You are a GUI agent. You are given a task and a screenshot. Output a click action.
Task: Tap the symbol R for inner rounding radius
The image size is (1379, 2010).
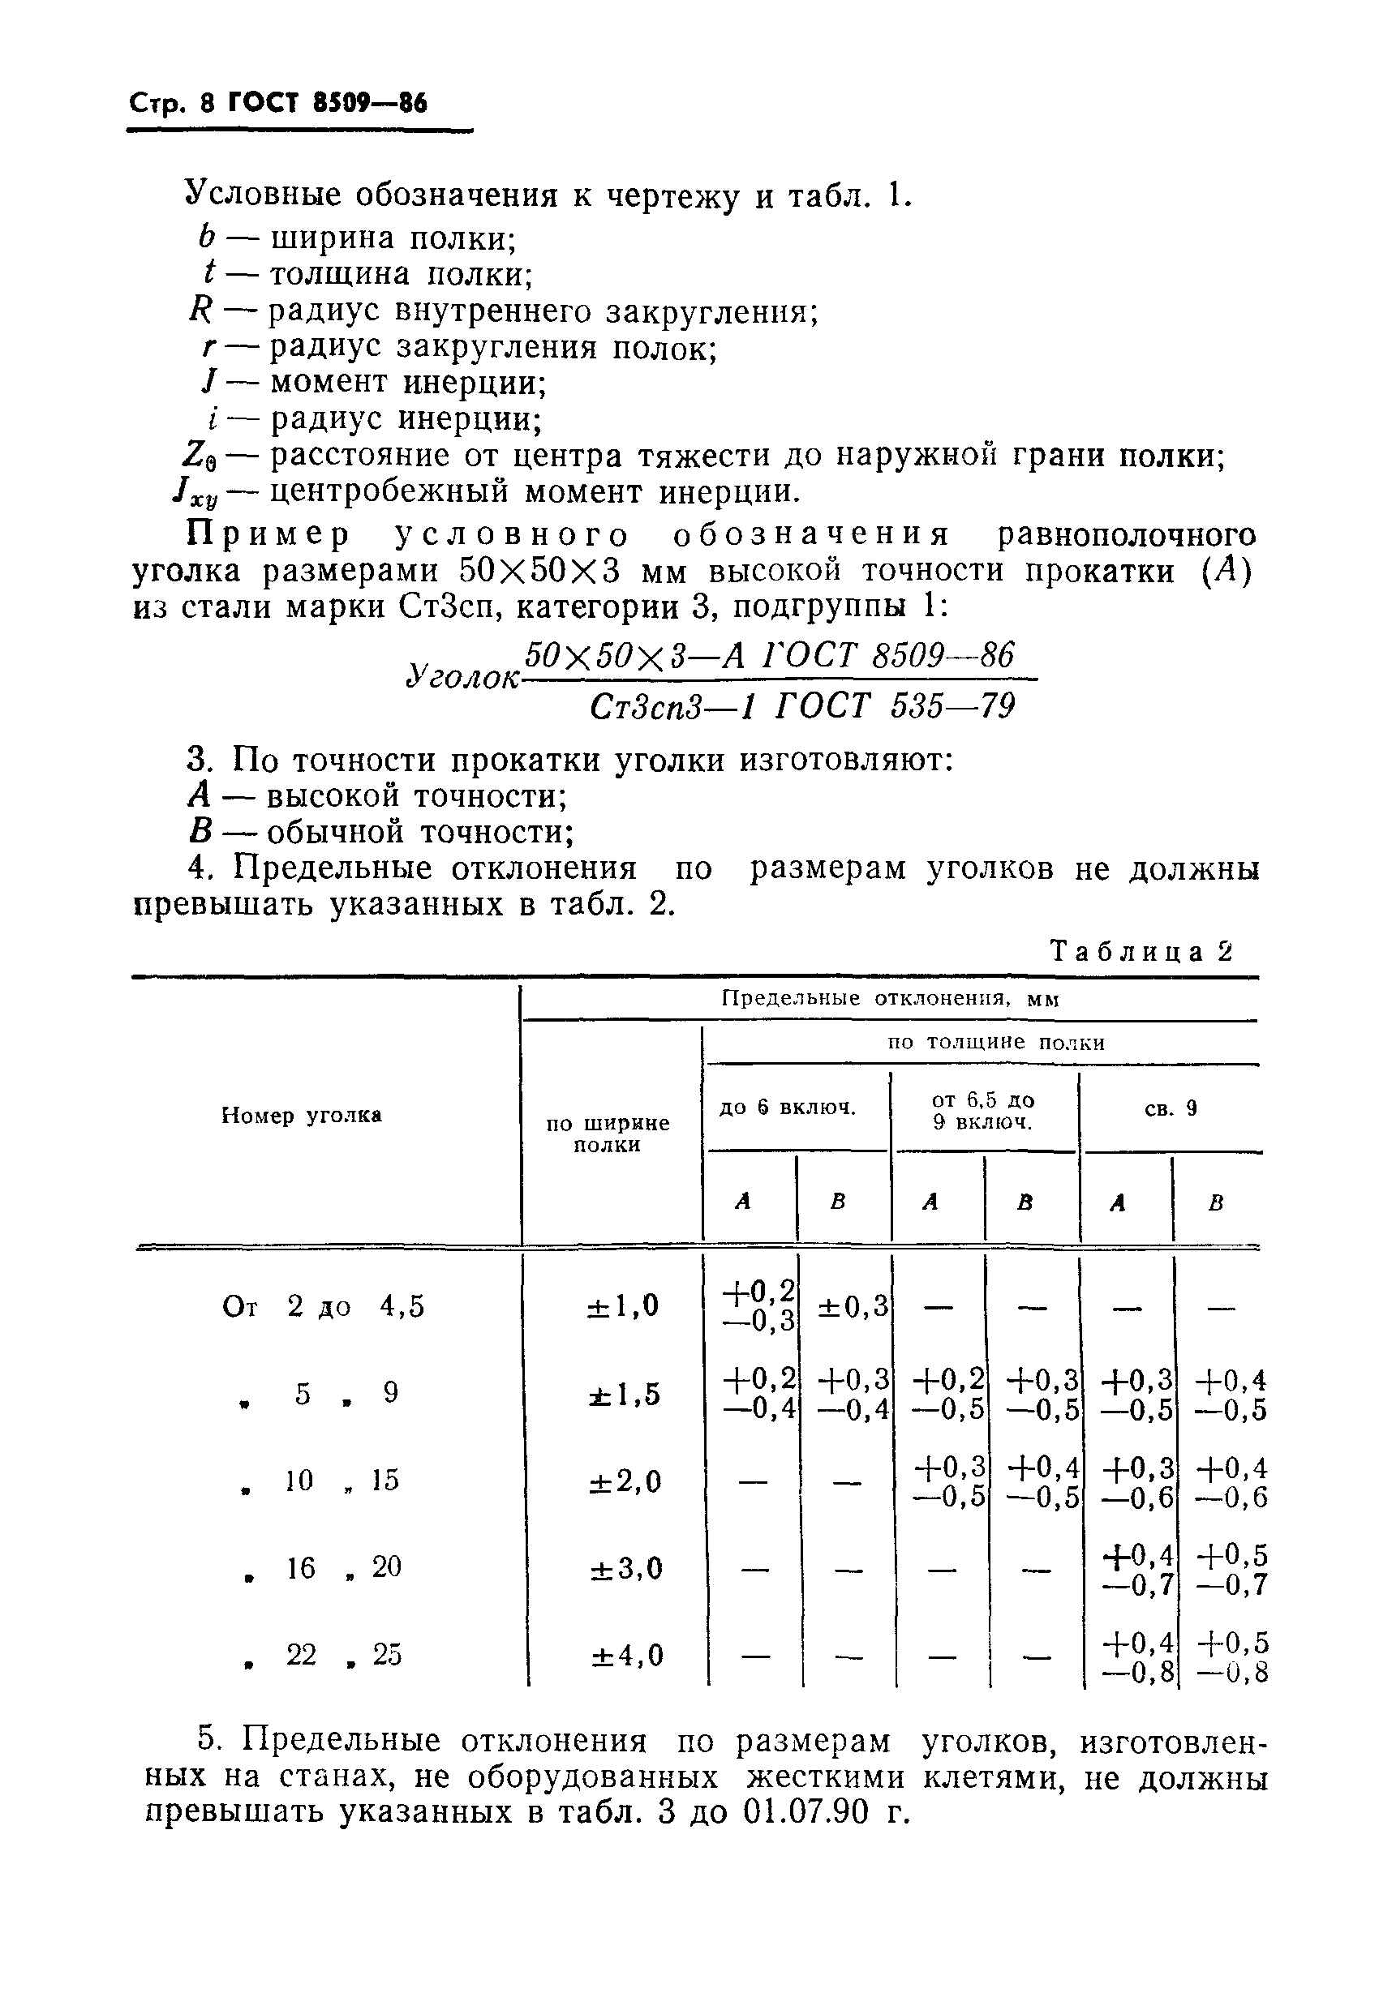[x=200, y=310]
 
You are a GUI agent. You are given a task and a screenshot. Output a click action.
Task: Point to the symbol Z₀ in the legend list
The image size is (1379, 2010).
[x=198, y=454]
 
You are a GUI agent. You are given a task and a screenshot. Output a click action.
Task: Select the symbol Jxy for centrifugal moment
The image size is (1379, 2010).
[x=195, y=493]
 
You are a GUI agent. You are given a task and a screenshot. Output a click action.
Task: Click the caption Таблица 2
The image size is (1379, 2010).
[x=1141, y=951]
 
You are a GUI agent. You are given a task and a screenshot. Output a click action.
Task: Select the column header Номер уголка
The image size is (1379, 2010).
[x=302, y=1116]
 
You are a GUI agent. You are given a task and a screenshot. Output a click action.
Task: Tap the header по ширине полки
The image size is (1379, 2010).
[x=608, y=1134]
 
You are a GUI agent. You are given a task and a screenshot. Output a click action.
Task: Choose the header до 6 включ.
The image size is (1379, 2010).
[x=788, y=1108]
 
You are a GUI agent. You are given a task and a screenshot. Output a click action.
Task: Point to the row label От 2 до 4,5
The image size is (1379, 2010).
[x=324, y=1306]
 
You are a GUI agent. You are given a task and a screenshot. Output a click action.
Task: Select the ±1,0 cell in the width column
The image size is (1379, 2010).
[x=623, y=1305]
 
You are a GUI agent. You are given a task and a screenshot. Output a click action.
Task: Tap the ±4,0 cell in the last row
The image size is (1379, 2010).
[x=626, y=1656]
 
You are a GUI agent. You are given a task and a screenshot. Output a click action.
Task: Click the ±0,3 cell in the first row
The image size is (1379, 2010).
[x=854, y=1306]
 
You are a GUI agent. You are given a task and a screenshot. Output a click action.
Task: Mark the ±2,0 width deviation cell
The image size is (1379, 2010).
[x=625, y=1481]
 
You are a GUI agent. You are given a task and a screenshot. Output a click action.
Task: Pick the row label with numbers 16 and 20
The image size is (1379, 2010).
[x=324, y=1567]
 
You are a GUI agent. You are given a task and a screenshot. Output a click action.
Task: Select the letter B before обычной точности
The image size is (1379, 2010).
[x=200, y=832]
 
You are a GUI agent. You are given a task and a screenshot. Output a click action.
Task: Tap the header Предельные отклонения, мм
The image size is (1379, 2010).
[x=890, y=999]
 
